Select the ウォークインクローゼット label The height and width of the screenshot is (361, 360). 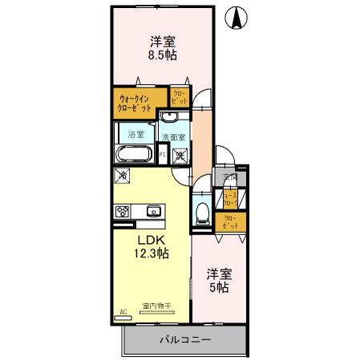coord(139,102)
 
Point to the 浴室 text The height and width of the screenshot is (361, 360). coord(137,134)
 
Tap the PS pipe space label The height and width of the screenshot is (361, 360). coord(163,155)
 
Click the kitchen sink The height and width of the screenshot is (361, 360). coord(154,212)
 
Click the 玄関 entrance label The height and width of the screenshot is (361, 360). coord(231,178)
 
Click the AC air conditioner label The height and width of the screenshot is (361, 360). coord(124,311)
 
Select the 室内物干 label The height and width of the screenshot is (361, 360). coord(157,306)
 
